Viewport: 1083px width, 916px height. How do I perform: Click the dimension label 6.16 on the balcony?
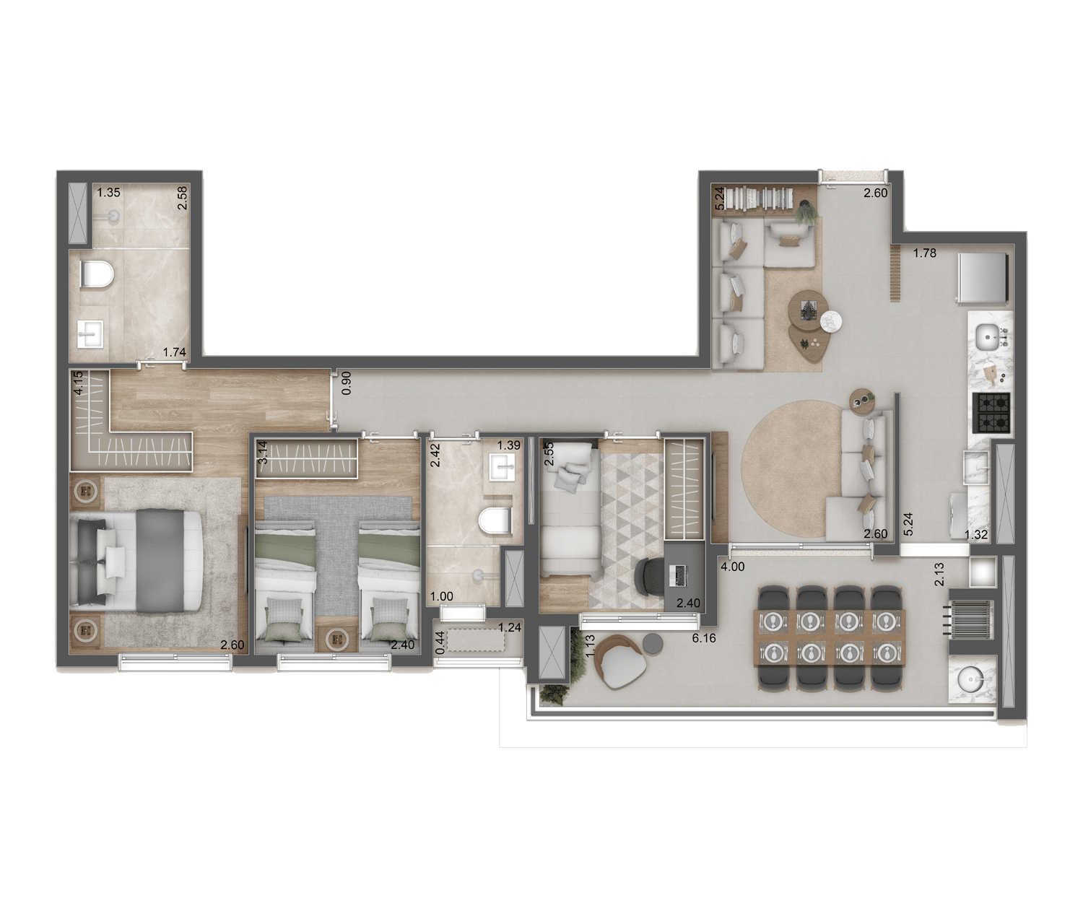point(705,638)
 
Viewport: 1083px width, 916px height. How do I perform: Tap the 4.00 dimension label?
point(733,566)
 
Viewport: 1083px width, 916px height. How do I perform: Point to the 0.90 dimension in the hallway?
point(346,383)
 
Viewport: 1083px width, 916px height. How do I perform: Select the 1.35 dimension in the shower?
point(108,192)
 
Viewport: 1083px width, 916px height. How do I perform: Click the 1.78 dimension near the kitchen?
point(925,253)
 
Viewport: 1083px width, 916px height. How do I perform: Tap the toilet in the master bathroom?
point(97,274)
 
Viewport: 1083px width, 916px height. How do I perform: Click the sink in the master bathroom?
point(91,334)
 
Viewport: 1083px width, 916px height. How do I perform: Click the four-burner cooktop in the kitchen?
point(991,413)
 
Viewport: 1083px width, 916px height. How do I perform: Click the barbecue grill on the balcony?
point(971,621)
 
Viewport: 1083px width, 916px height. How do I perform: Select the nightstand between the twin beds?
point(337,638)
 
